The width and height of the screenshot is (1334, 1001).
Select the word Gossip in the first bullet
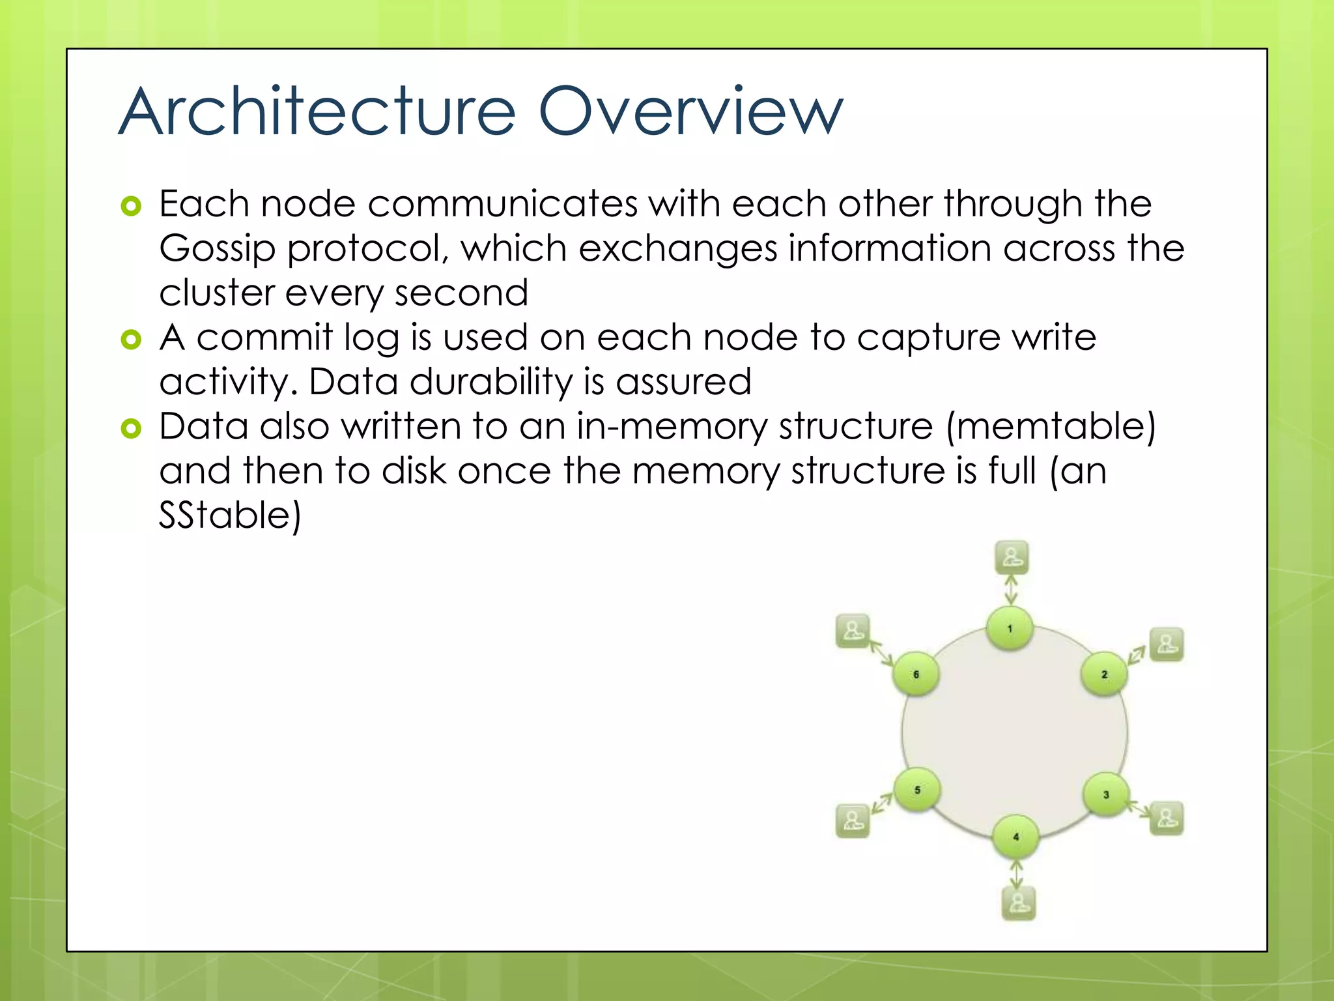tap(218, 250)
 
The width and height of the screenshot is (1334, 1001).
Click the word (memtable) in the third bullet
tap(1050, 427)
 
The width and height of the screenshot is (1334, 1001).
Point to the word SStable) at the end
tap(230, 515)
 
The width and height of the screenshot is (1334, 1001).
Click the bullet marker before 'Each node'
tap(131, 207)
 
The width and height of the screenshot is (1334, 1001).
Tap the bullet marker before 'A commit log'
tap(131, 340)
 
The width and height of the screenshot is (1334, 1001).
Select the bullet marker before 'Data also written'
tap(131, 428)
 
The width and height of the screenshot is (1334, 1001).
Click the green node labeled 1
tap(1010, 629)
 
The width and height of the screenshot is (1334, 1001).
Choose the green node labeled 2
tap(1104, 675)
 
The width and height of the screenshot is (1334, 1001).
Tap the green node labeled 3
tap(1106, 794)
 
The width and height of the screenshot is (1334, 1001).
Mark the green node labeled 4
tap(1015, 837)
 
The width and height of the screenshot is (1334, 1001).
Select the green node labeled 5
tap(917, 791)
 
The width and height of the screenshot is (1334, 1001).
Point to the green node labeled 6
tap(916, 675)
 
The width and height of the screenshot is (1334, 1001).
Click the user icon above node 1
tap(1012, 558)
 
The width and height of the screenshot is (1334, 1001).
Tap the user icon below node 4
tap(1018, 903)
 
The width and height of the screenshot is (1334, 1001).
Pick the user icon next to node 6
tap(853, 631)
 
